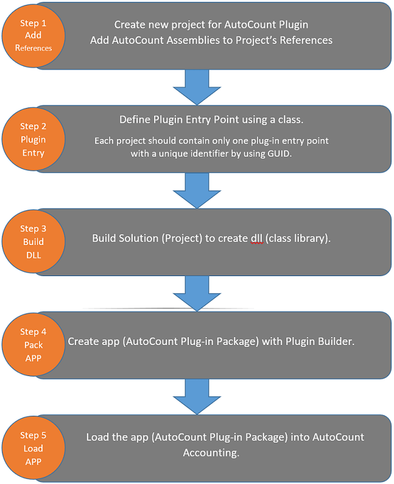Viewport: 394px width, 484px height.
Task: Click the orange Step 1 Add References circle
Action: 33,35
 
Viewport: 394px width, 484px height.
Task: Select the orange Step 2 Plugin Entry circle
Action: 33,139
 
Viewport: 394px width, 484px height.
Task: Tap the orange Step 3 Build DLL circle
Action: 33,241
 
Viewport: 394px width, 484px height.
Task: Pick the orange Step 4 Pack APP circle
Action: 33,344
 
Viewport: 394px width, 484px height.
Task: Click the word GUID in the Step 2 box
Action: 279,154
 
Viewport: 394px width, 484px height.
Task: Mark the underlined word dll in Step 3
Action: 257,238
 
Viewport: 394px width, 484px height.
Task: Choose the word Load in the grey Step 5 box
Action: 97,437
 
